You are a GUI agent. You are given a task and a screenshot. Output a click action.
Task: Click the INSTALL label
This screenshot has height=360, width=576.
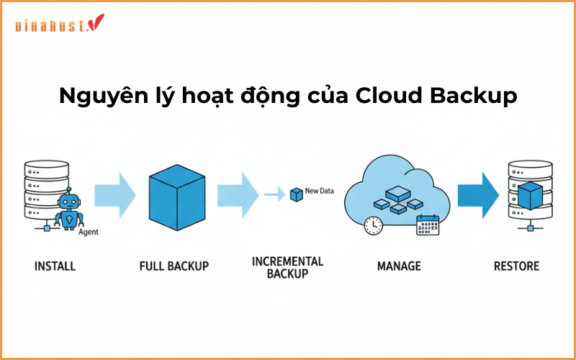55,266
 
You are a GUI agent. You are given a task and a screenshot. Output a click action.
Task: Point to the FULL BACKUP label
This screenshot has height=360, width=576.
174,266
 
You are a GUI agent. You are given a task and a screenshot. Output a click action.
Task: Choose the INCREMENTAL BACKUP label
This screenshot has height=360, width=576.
287,266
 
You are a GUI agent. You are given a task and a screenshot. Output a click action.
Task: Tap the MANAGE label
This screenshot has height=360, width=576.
399,266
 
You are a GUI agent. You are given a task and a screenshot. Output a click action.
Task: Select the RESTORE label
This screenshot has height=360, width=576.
516,266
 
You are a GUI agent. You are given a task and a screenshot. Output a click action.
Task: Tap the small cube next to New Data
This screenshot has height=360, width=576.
295,194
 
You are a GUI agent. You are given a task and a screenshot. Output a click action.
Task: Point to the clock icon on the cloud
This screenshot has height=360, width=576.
373,225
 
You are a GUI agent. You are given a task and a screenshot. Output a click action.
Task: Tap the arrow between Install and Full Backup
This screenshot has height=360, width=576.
115,194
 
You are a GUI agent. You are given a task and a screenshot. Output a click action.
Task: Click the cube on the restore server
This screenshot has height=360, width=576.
530,194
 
